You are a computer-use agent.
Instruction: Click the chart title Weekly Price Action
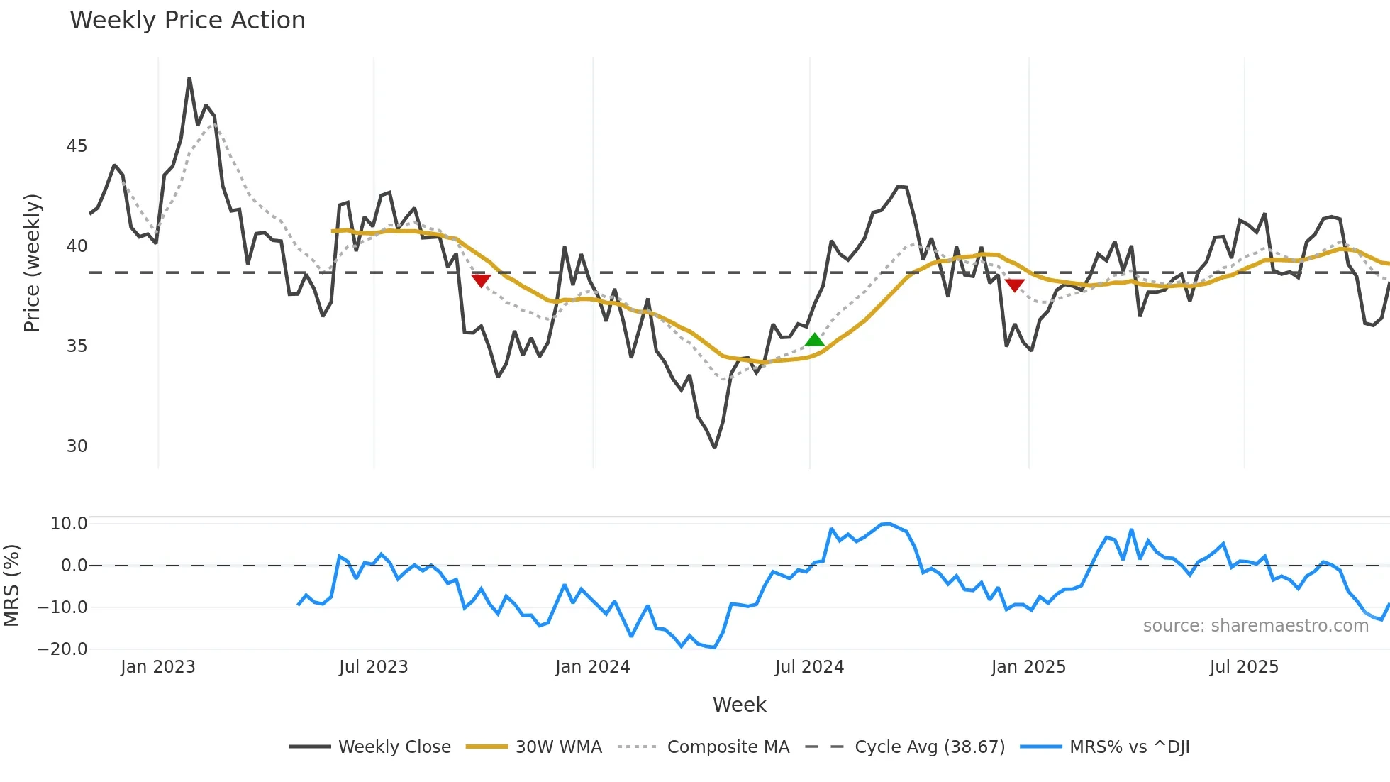187,21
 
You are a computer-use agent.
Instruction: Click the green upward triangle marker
815,340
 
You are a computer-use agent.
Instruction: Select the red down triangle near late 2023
481,280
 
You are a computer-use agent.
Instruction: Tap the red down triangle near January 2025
1015,285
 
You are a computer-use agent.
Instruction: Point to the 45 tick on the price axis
77,146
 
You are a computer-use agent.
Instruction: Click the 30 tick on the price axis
77,446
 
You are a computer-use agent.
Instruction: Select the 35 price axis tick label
77,346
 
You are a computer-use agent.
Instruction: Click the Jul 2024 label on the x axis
809,667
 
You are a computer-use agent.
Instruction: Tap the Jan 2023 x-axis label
157,667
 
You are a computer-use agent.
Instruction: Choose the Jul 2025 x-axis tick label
1244,667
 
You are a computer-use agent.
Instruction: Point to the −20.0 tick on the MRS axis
62,649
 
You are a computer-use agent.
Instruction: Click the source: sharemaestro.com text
1255,626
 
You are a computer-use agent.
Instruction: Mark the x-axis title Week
739,705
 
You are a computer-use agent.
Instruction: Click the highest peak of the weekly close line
189,79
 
